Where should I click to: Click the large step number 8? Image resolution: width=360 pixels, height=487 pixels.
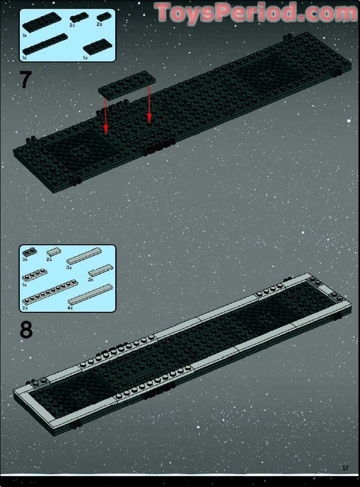(x=26, y=330)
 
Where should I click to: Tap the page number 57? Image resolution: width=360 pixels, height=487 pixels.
(x=346, y=468)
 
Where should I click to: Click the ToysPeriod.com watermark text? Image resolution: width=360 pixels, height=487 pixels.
(x=256, y=13)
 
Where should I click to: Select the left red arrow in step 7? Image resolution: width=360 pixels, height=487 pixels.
(x=105, y=116)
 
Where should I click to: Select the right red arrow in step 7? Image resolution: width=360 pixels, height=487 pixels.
(x=149, y=104)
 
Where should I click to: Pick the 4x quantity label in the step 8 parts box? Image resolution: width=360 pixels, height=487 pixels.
(x=70, y=308)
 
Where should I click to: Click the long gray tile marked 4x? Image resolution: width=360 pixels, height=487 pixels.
(x=89, y=294)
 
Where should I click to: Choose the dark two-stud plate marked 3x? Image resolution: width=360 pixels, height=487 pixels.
(x=29, y=251)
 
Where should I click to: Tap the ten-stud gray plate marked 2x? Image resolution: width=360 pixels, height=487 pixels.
(x=49, y=293)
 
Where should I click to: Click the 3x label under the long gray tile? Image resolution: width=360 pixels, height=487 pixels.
(x=69, y=267)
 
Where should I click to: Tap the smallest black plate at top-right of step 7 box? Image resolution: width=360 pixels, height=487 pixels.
(x=103, y=17)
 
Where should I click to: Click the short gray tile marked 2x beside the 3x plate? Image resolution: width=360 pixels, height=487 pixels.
(x=53, y=252)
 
